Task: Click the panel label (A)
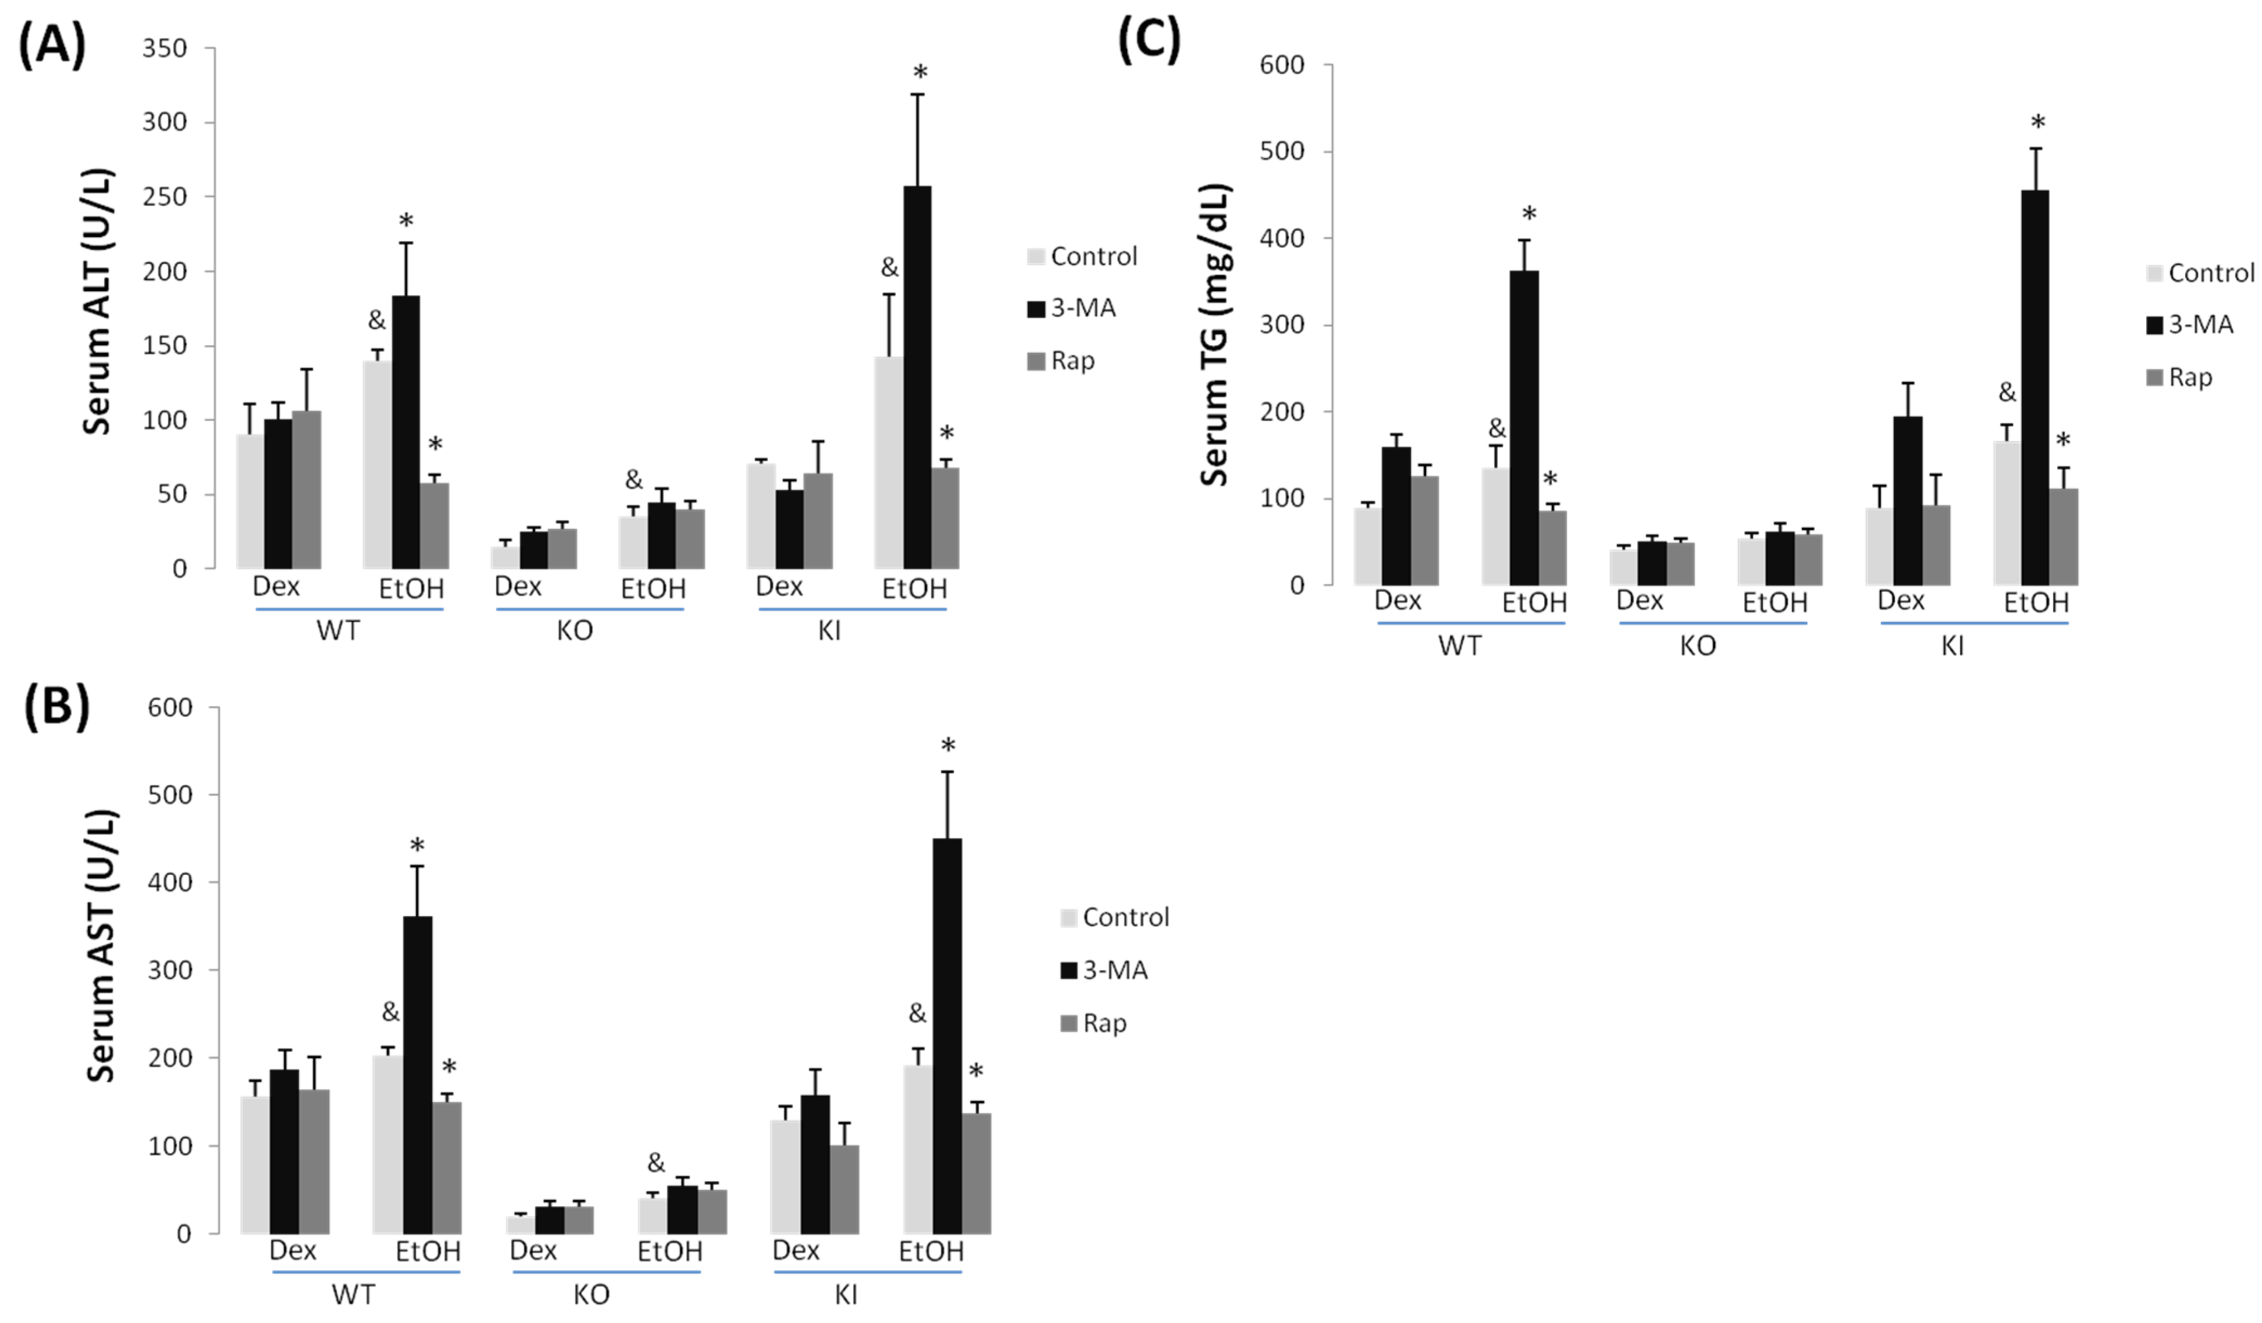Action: point(52,45)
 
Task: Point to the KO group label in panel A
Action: point(574,631)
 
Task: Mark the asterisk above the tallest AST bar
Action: point(948,746)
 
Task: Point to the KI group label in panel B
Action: point(845,1294)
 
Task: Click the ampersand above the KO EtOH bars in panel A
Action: point(634,480)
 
